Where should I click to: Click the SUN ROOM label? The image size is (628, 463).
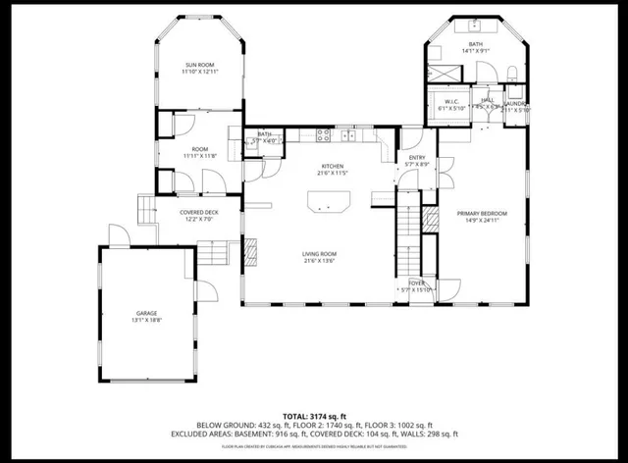click(199, 65)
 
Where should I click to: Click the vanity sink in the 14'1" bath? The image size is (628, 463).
click(476, 25)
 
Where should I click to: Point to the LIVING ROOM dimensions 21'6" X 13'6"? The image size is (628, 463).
click(321, 261)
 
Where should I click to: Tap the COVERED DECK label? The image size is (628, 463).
click(198, 212)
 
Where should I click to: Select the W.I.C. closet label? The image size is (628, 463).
click(452, 101)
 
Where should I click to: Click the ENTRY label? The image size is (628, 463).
click(417, 158)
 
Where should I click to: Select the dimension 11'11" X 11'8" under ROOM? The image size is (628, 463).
click(199, 156)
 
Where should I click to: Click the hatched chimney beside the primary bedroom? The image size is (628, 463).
click(429, 219)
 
